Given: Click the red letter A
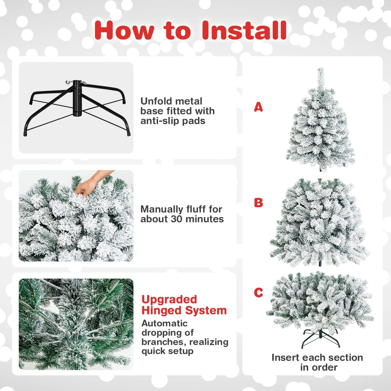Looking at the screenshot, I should click(x=258, y=107).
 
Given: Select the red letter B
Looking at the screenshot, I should click(x=258, y=203).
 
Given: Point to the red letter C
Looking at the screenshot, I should click(x=258, y=293).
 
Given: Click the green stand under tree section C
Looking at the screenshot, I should click(x=320, y=338).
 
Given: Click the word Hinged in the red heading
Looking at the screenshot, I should click(x=159, y=311).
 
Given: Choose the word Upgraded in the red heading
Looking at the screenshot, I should click(x=169, y=300).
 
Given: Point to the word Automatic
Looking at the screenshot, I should click(x=164, y=323).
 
